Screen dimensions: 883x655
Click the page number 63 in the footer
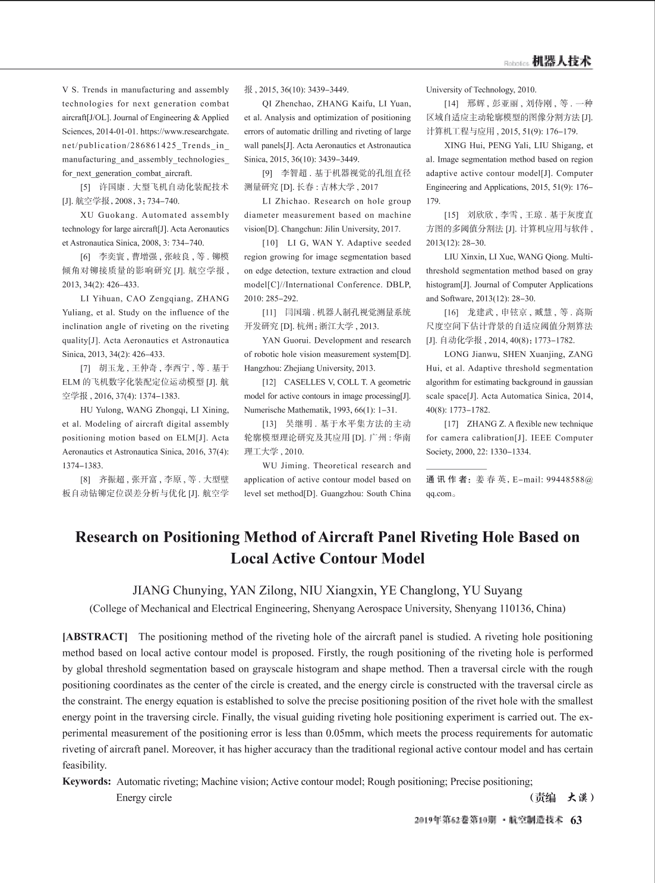coord(576,820)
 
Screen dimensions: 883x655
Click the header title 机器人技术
coord(562,61)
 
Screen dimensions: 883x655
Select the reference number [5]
coord(86,187)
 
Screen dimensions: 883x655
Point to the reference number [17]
coord(451,424)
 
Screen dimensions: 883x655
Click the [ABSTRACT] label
coord(95,637)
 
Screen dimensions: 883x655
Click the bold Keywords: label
coord(87,781)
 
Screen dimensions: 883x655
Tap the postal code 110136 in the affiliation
coord(513,608)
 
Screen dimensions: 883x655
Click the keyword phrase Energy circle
coord(144,797)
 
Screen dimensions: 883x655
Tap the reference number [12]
coord(270,382)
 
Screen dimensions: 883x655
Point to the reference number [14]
coord(451,104)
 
